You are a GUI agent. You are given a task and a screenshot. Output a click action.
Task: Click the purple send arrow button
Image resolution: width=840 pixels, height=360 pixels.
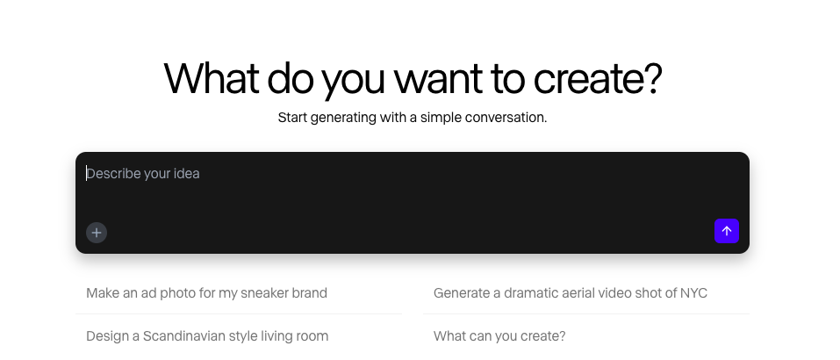(727, 231)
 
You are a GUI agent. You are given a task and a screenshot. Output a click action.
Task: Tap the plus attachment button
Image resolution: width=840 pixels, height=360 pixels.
(97, 233)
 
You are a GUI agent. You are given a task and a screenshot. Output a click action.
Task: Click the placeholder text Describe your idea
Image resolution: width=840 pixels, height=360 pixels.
(143, 174)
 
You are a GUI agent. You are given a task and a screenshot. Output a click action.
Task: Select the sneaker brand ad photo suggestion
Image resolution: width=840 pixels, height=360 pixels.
(207, 293)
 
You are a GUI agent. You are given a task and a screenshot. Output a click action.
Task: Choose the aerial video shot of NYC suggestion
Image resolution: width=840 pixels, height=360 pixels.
(570, 293)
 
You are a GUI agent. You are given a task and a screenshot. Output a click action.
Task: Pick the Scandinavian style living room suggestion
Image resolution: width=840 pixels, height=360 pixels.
(207, 336)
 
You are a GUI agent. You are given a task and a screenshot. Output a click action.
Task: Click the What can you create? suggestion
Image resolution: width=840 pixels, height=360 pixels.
(499, 336)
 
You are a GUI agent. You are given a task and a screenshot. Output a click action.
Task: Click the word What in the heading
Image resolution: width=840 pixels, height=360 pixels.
(211, 78)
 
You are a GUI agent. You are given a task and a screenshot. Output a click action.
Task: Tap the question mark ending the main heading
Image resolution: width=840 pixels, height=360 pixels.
(654, 78)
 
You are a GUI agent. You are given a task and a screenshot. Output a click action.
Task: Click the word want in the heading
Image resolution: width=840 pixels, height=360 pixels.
(438, 80)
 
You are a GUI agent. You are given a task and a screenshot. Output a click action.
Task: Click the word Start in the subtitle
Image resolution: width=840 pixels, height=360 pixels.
(292, 118)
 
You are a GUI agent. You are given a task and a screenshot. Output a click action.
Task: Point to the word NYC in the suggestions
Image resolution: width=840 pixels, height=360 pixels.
(693, 293)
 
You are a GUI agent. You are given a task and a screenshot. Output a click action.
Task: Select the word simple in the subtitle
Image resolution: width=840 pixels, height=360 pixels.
(441, 118)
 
